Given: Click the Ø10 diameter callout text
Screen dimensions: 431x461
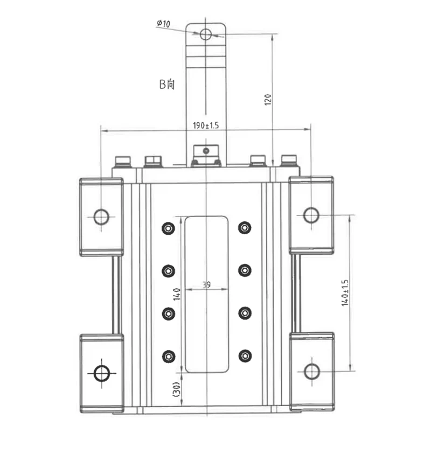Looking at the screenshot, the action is click(163, 23).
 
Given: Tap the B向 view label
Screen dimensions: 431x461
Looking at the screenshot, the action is click(167, 84).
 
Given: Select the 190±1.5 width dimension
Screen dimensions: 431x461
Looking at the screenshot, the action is click(206, 125).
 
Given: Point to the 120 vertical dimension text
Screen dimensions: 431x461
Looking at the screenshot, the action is click(268, 100).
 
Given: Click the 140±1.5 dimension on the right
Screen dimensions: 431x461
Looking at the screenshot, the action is click(345, 293).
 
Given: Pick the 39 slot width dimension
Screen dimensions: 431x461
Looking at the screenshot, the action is click(207, 284).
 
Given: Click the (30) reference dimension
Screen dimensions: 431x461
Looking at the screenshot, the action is click(176, 389).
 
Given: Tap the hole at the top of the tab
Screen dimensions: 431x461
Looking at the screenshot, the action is click(206, 34).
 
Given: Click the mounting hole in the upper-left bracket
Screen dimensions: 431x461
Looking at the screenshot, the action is click(101, 216).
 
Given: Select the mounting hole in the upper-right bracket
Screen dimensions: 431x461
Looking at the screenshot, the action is click(311, 215).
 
